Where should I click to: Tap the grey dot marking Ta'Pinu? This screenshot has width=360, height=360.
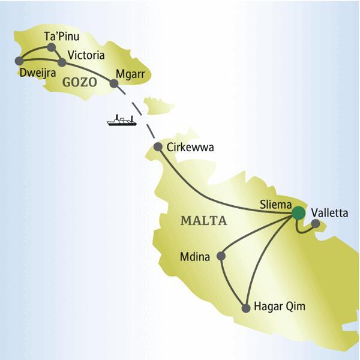[51, 47]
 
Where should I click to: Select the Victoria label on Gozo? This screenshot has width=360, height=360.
[86, 56]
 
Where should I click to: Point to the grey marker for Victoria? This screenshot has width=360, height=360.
[62, 62]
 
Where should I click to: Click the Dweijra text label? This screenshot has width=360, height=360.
[37, 74]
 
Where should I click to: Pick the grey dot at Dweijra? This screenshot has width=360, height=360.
[20, 61]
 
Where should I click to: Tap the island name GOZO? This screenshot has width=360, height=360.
[79, 82]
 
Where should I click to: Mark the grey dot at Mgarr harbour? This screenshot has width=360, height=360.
[113, 83]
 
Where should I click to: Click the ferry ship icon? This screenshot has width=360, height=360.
[121, 121]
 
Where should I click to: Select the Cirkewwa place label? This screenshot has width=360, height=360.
[191, 147]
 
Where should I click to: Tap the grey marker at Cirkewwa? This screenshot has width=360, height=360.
[158, 147]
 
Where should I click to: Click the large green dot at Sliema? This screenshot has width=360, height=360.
[298, 212]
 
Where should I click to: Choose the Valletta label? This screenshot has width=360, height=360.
[329, 213]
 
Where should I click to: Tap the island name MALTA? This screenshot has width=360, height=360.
[203, 221]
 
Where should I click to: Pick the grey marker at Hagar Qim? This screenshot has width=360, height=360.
[245, 308]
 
